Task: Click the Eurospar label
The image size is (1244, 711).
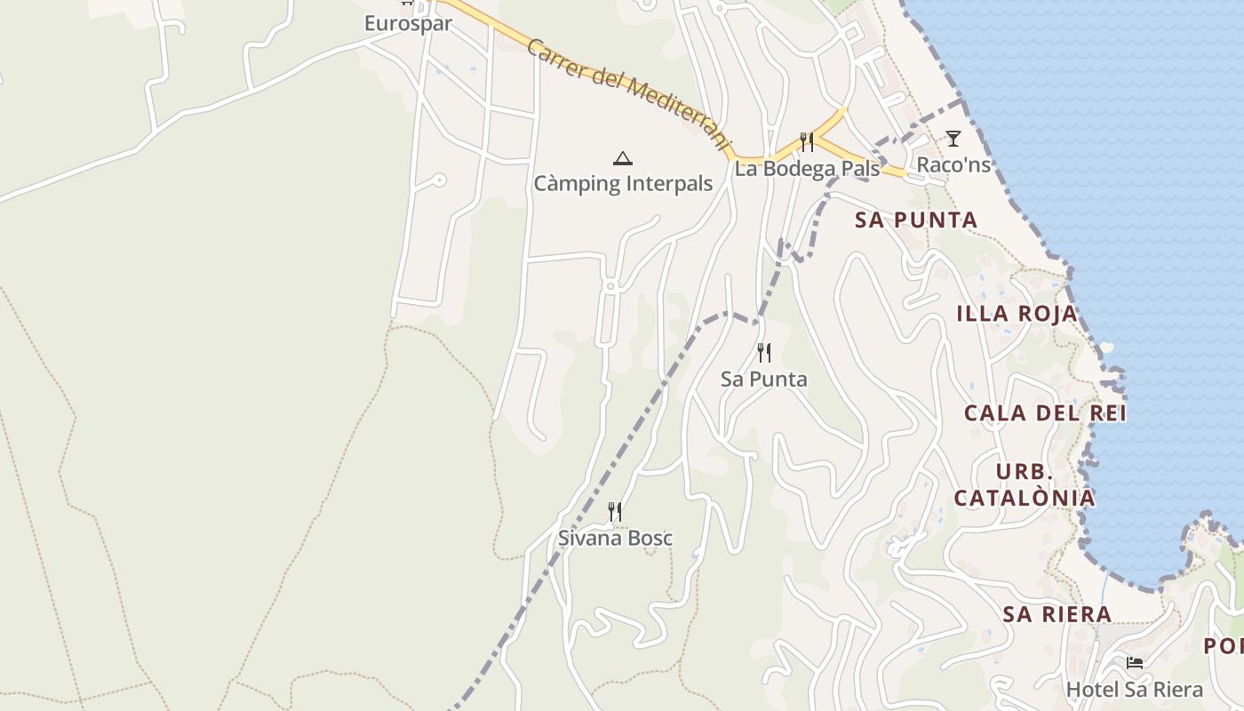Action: (x=408, y=23)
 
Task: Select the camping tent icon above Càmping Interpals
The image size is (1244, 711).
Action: (x=623, y=159)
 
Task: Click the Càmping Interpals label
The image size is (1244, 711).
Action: (x=623, y=184)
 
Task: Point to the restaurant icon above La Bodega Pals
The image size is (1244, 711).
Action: (x=807, y=141)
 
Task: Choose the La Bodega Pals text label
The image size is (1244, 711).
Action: (x=807, y=169)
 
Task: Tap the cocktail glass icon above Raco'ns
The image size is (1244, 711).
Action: (x=953, y=138)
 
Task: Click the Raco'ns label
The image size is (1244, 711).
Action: (x=953, y=164)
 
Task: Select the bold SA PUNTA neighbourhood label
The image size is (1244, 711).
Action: (x=916, y=220)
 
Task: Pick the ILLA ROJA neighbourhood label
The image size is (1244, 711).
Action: (x=1017, y=313)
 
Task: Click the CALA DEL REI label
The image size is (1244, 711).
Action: (x=1045, y=412)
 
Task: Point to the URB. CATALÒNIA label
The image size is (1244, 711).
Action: (x=1025, y=484)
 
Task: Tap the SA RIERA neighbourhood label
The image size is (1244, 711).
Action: (x=1057, y=613)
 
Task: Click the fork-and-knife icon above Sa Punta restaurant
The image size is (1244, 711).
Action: (x=764, y=353)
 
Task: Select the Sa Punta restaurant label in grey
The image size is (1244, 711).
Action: (x=764, y=379)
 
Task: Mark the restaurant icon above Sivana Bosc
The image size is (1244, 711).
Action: (x=614, y=511)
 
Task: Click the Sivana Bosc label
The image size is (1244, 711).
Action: (x=615, y=538)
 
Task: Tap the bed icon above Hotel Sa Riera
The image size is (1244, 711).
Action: (x=1134, y=663)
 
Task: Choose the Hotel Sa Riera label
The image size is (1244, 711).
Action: (x=1134, y=690)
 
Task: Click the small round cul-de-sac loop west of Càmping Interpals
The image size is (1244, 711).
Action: (x=439, y=180)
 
